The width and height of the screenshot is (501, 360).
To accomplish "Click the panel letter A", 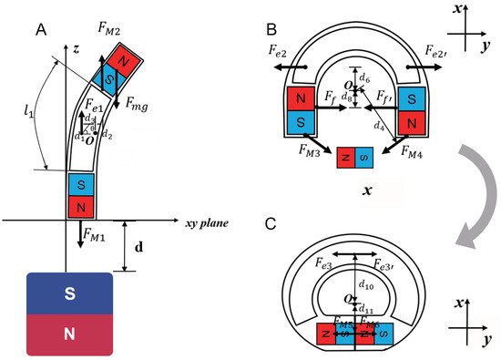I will (42, 29).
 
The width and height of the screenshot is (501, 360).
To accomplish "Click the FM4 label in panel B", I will (414, 155).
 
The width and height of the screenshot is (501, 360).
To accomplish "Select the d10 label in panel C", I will (367, 289).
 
